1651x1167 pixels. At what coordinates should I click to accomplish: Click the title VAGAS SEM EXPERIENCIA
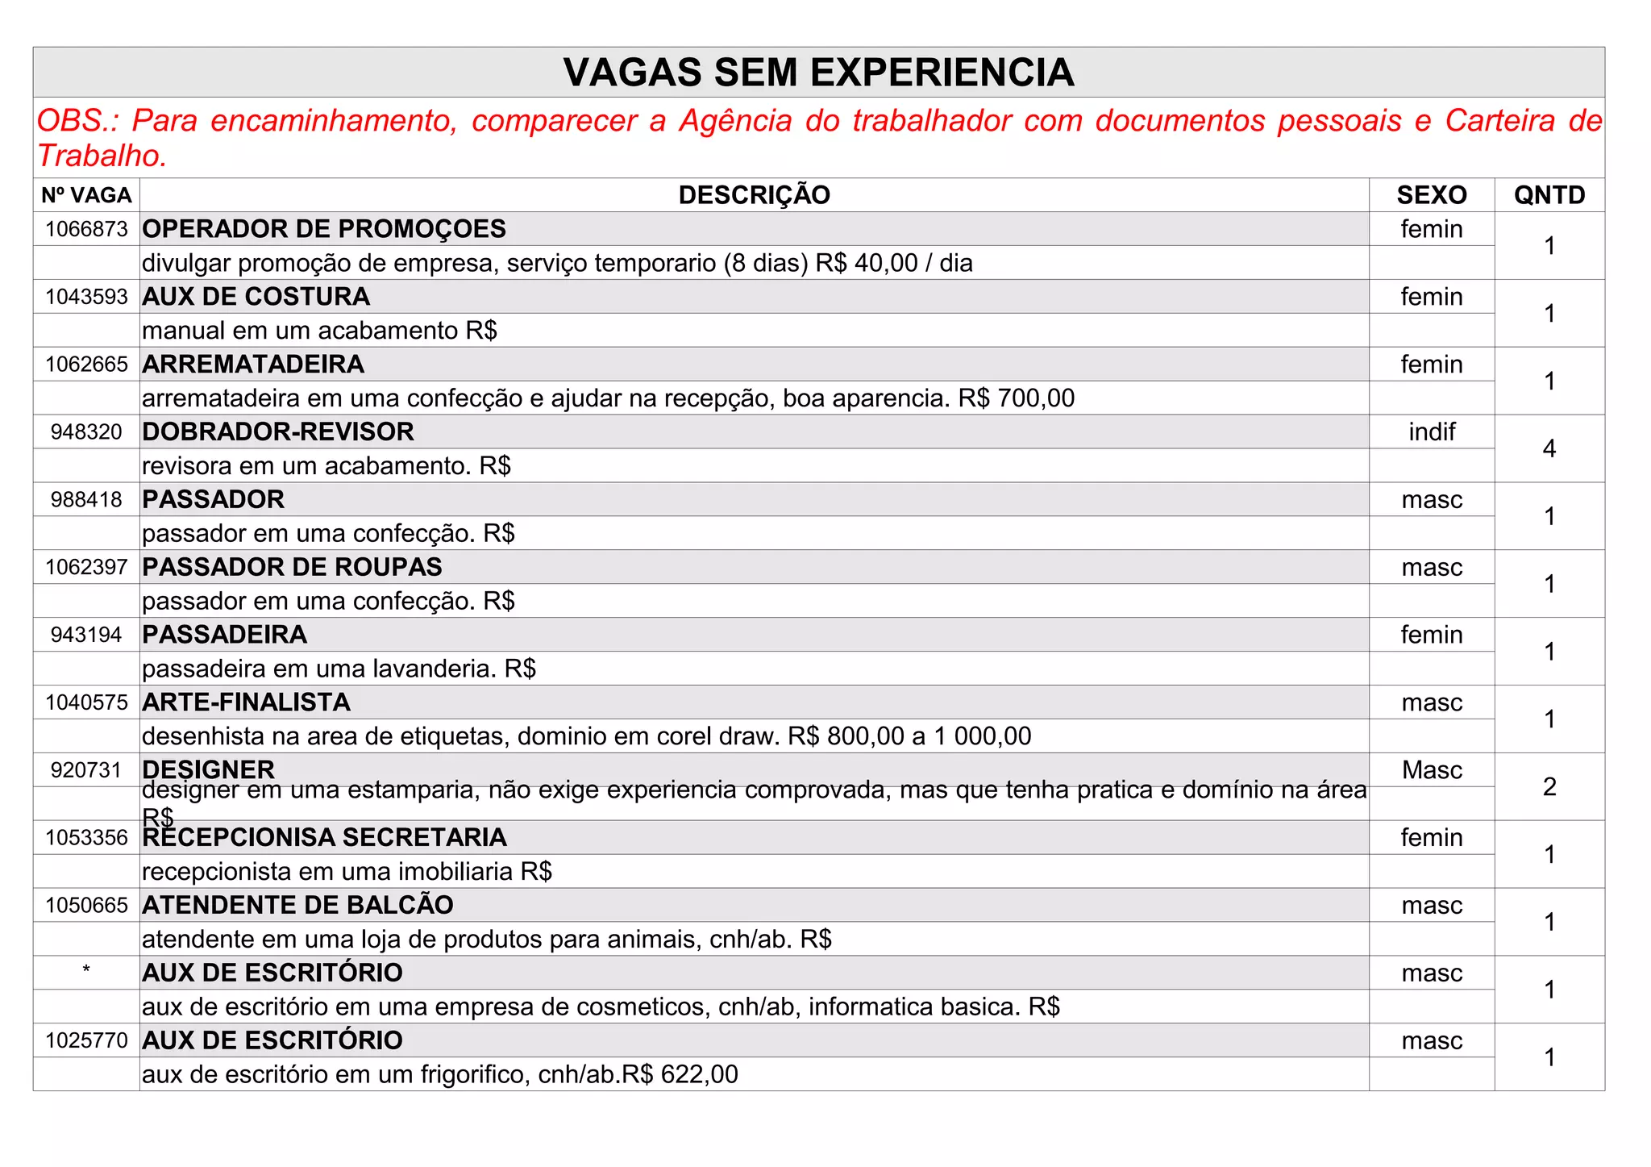(818, 73)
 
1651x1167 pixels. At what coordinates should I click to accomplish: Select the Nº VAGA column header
(86, 195)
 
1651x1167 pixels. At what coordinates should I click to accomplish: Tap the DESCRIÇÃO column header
(754, 195)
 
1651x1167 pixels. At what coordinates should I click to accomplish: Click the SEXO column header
(1431, 195)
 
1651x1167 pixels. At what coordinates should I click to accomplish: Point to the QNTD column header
(1549, 195)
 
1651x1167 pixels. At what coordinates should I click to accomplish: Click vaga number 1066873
(86, 230)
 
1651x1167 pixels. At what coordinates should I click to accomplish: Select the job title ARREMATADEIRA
(253, 365)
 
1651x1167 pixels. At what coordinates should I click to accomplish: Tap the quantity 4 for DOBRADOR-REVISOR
(1549, 448)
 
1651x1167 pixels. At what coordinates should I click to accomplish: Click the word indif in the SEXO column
(1431, 432)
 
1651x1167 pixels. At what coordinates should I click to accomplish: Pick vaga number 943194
(86, 636)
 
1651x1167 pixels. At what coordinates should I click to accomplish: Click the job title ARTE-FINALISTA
(246, 702)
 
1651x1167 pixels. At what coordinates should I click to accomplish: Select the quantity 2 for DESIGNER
(1549, 786)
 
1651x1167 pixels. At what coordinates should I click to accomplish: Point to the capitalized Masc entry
(1431, 770)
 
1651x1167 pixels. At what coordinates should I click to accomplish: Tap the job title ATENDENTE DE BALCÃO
(297, 906)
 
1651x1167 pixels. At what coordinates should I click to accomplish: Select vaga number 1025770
(86, 1041)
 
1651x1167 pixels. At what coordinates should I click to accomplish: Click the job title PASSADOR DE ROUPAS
(292, 568)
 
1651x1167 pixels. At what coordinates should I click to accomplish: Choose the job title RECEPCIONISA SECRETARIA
(324, 838)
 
